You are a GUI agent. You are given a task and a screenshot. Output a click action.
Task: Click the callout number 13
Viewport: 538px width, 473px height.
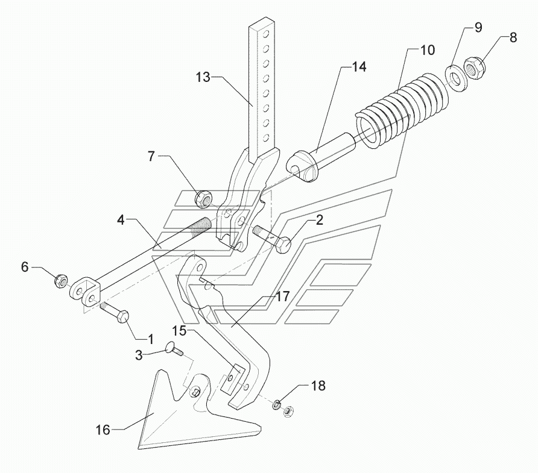203,77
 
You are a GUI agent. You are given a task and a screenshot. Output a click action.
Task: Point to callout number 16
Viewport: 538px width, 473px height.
103,430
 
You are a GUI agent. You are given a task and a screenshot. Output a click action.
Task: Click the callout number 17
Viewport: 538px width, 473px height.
283,296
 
